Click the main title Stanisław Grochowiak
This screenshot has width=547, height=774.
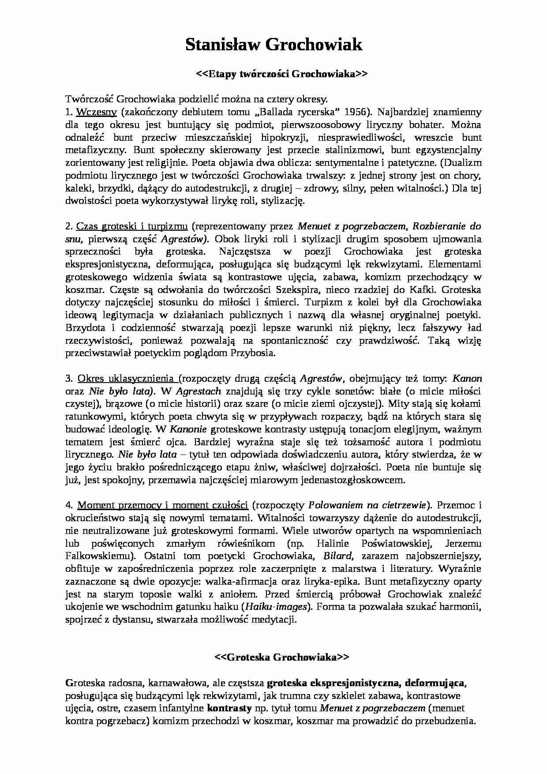tap(273, 45)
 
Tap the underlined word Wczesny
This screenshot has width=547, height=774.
tap(95, 112)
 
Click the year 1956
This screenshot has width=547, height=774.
tap(356, 112)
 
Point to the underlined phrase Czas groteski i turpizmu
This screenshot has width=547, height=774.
tap(132, 226)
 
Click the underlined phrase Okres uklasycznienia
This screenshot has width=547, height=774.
tap(126, 378)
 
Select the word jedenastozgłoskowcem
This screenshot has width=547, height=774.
tap(346, 480)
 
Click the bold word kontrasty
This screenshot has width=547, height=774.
tap(229, 709)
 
